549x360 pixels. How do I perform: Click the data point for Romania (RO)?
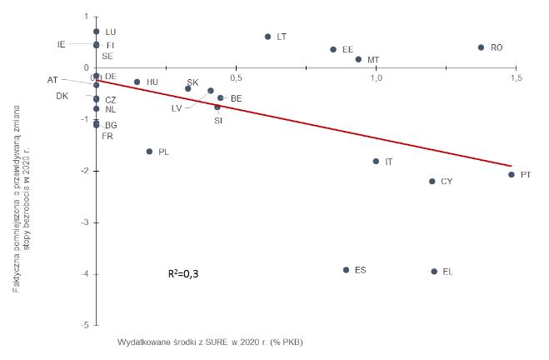click(481, 47)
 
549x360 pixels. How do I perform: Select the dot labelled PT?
click(512, 175)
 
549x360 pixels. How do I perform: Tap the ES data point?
click(346, 270)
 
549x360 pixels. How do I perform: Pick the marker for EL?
click(434, 272)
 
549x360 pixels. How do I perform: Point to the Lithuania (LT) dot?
click(267, 37)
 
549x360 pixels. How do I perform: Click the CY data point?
click(432, 182)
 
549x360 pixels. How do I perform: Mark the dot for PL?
click(149, 152)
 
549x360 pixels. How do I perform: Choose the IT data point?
click(376, 162)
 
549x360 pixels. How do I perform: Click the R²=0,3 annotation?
click(183, 272)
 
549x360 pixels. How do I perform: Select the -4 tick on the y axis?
click(85, 274)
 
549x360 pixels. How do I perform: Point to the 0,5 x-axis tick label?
click(237, 78)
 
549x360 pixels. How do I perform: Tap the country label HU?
click(152, 82)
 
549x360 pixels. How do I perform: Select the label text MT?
click(373, 60)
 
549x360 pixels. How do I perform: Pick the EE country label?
click(347, 50)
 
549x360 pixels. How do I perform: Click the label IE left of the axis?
click(62, 44)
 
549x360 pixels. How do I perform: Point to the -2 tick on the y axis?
click(85, 171)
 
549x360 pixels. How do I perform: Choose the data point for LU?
click(97, 32)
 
